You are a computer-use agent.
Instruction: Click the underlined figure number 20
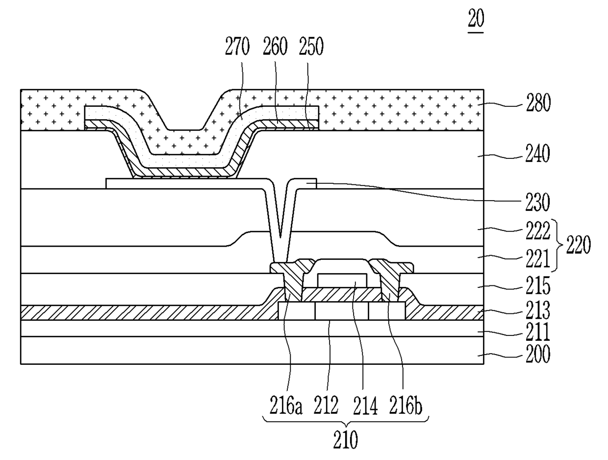(x=476, y=18)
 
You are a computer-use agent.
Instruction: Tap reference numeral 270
(x=237, y=46)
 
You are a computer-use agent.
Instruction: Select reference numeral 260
(x=275, y=46)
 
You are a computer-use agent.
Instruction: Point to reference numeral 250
(x=311, y=46)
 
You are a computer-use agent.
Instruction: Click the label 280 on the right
(x=538, y=103)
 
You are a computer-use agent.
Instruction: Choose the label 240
(x=538, y=154)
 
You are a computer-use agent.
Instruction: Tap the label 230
(x=538, y=203)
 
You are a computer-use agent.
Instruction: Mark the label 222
(x=538, y=230)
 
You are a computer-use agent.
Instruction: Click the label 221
(x=538, y=258)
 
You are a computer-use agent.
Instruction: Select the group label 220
(x=578, y=245)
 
